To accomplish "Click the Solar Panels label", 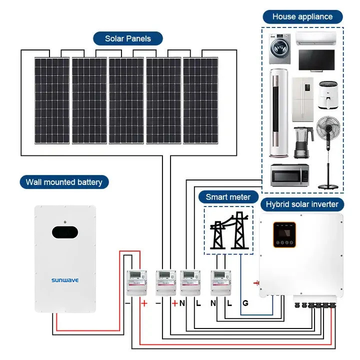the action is [127, 38].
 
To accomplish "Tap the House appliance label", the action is [302, 16].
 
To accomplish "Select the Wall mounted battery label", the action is [64, 182].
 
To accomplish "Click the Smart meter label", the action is [228, 197].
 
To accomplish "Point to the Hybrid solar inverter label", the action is [302, 204].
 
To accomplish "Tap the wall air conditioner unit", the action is [315, 38].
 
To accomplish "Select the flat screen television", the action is [317, 60].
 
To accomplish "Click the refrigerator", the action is [302, 100].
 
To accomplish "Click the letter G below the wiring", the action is [245, 303].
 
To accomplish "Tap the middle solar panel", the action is [126, 101].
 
